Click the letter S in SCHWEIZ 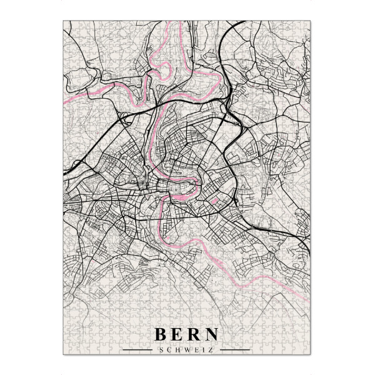pyautogui.click(x=162, y=349)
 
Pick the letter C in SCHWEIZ pyautogui.click(x=170, y=349)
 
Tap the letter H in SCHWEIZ pyautogui.click(x=178, y=349)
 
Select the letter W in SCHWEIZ pyautogui.click(x=187, y=349)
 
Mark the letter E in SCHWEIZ pyautogui.click(x=196, y=349)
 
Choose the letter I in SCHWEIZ pyautogui.click(x=202, y=349)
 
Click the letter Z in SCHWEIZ pyautogui.click(x=209, y=349)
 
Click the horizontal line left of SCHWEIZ pyautogui.click(x=138, y=349)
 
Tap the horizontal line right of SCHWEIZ pyautogui.click(x=235, y=349)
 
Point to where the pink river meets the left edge pyautogui.click(x=64, y=99)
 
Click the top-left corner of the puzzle pyautogui.click(x=64, y=21)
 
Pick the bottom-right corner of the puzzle pyautogui.click(x=311, y=355)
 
